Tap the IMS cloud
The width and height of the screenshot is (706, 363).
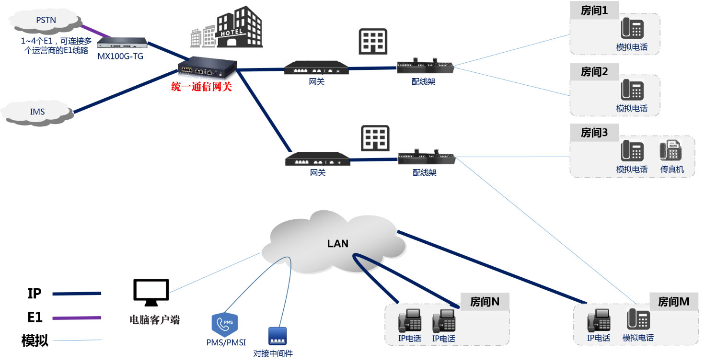(x=37, y=113)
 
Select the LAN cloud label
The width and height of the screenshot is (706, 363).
(x=337, y=243)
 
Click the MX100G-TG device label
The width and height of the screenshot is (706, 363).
(x=120, y=57)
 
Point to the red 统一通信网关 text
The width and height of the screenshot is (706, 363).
(x=201, y=87)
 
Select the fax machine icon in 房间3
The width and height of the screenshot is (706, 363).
(x=671, y=150)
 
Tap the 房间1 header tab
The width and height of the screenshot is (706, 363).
(x=594, y=11)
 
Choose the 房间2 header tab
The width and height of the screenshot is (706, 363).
(x=594, y=72)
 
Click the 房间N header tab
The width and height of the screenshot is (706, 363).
(x=485, y=302)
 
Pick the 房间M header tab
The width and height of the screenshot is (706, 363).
(x=674, y=302)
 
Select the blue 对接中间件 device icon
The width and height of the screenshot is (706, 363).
(x=278, y=336)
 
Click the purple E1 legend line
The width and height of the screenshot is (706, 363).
(x=77, y=318)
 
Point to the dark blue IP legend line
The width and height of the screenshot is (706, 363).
(x=77, y=294)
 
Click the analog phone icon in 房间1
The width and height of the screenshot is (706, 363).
(x=632, y=28)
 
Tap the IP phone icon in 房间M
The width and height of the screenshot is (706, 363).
(x=599, y=320)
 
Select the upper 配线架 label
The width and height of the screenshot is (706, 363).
(x=423, y=82)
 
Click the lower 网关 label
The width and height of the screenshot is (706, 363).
(x=318, y=172)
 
